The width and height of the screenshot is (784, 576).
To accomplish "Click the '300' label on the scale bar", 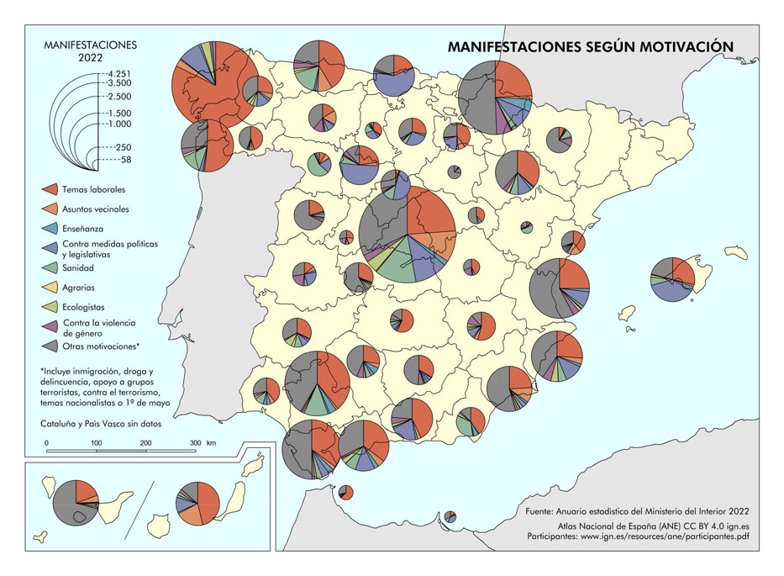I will pos(195,442).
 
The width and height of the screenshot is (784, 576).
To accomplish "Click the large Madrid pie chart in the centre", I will pos(407,233).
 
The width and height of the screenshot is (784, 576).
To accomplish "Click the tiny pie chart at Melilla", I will pos(450,515).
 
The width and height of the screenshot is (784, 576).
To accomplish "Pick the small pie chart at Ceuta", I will pos(345,492).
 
